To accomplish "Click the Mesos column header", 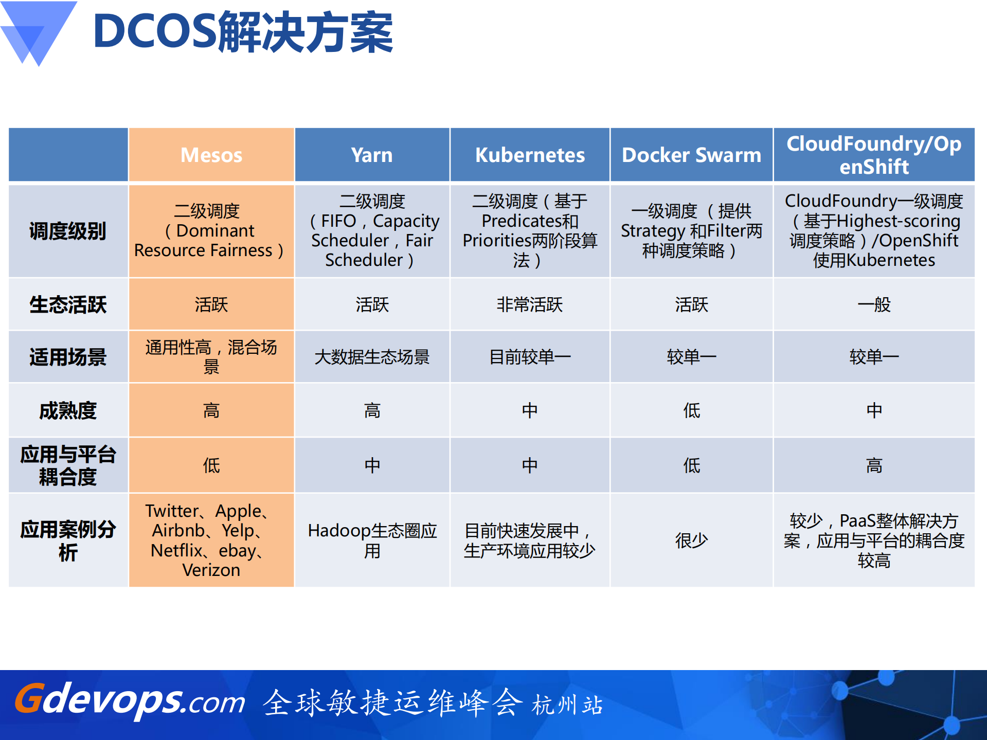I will (x=211, y=155).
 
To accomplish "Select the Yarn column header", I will (x=372, y=155).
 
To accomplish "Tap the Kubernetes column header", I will (x=530, y=155).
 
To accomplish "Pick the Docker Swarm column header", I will (x=691, y=155).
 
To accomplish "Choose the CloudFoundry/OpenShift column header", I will (x=874, y=155).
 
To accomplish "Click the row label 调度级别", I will (x=68, y=231).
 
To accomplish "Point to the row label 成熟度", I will (x=68, y=410).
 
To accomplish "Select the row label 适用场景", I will (x=68, y=356).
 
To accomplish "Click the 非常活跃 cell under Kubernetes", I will (x=530, y=304).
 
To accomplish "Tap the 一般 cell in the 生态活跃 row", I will (x=874, y=304).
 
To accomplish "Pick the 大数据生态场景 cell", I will (x=372, y=356).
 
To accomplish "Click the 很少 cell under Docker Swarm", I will (x=691, y=540).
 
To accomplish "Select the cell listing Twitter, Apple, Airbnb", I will (x=211, y=540).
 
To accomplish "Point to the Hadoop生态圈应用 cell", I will (x=372, y=540).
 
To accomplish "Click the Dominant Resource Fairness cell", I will (x=211, y=231).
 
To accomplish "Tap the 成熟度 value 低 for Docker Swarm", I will (x=691, y=410).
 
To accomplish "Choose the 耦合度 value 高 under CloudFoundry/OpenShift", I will (x=874, y=465).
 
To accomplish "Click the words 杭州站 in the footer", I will (x=567, y=705).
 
